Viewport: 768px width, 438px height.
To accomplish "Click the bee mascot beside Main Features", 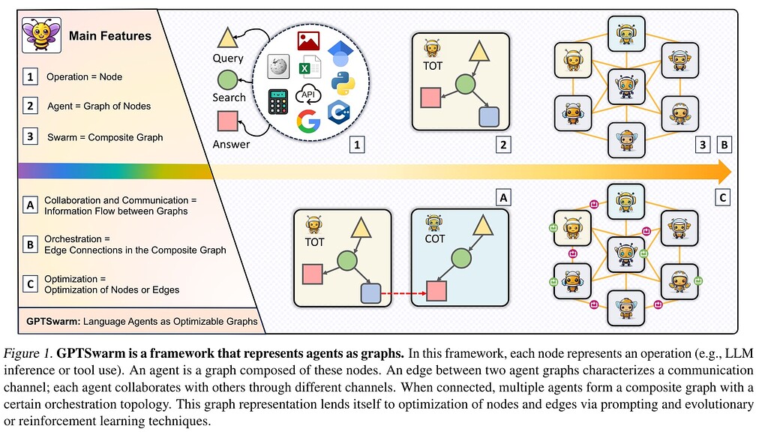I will coord(37,35).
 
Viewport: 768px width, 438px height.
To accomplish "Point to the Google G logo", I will coord(307,121).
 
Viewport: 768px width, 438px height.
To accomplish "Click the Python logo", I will coord(343,86).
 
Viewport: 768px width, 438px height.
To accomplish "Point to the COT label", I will coord(435,238).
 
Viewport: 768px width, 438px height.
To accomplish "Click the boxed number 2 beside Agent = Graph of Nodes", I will coord(30,106).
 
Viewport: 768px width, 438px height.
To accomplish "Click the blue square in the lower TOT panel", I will coord(371,292).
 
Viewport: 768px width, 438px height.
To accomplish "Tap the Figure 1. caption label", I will coord(32,353).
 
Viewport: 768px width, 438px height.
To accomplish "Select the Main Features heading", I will coord(109,35).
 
